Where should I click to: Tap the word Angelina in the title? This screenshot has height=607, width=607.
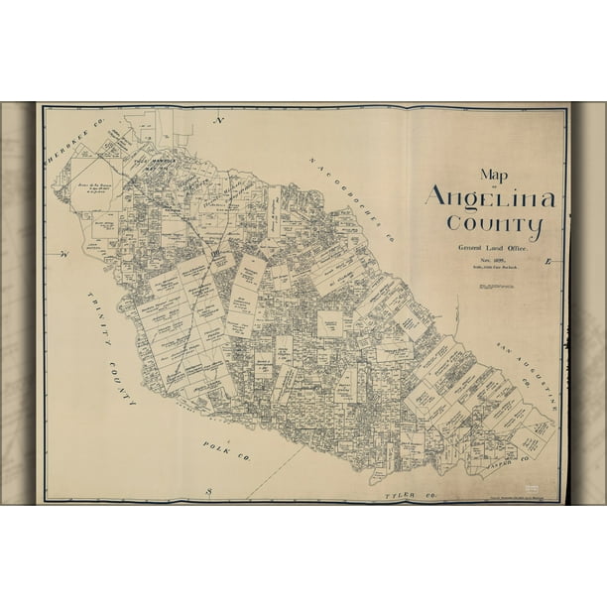click(490, 195)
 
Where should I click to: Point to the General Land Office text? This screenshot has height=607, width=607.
click(490, 248)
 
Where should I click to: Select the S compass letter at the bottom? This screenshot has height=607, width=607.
click(208, 491)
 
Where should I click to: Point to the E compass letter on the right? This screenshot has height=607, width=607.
click(546, 262)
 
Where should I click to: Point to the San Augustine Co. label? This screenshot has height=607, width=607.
click(528, 382)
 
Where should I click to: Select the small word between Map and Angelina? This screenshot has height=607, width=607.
click(488, 184)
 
